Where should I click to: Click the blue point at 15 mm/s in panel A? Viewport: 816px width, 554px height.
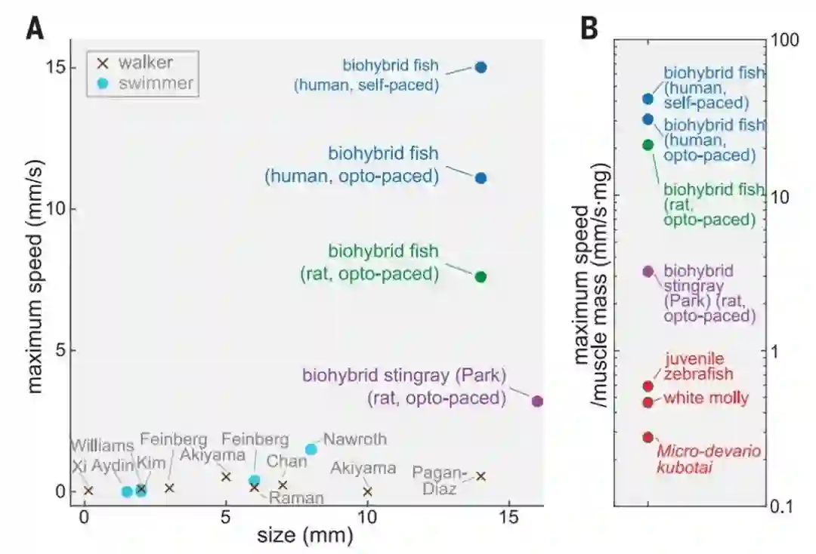[481, 67]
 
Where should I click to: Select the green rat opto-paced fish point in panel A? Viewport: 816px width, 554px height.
[481, 276]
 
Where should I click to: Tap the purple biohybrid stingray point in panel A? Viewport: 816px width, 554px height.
[537, 401]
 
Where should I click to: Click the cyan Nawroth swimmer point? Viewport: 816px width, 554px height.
[311, 449]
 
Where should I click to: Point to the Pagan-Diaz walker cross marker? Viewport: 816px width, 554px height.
[481, 476]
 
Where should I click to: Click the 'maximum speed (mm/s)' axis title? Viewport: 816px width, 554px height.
[36, 272]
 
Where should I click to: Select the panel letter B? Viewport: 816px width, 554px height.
[590, 29]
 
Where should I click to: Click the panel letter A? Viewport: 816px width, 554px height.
[34, 29]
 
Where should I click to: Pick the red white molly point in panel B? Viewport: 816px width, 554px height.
[648, 402]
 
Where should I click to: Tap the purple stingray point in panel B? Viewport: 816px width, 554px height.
[648, 271]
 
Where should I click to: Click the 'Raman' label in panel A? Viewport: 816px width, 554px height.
[297, 497]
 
